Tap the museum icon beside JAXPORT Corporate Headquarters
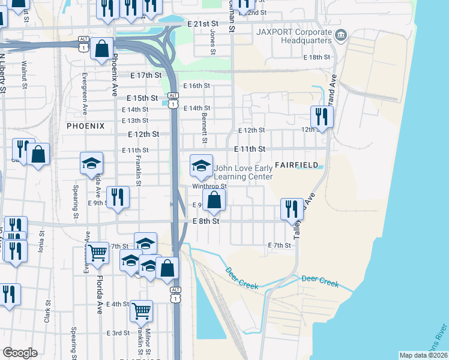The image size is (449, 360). tap(341, 35)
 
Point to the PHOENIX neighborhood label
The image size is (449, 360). tap(85, 126)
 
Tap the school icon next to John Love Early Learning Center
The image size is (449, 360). tap(201, 166)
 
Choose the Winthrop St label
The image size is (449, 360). tap(209, 186)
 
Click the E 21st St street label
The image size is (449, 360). tap(202, 23)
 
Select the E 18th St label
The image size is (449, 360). tap(316, 57)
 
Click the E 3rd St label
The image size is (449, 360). tap(118, 333)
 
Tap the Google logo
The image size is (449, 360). tap(20, 353)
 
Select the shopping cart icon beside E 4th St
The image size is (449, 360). tap(141, 311)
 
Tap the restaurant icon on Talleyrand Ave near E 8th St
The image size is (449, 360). tap(291, 208)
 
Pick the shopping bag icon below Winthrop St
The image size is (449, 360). tap(214, 200)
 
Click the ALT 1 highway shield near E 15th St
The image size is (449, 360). tap(173, 100)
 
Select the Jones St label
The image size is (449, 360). tap(212, 43)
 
